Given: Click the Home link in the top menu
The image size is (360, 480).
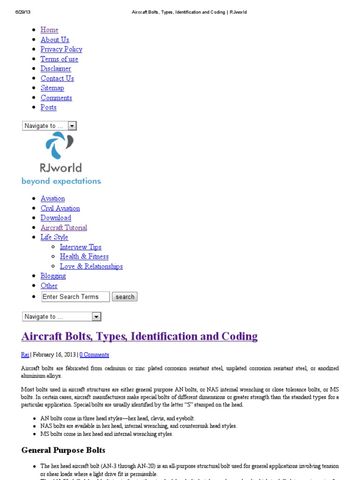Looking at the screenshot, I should (x=49, y=30).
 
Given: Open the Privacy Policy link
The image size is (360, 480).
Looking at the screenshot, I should (x=61, y=49).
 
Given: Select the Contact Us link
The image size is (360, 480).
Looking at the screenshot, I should (x=57, y=78).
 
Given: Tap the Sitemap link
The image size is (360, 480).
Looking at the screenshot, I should (x=52, y=88).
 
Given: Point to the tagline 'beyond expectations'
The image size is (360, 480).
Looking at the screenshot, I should (x=61, y=181).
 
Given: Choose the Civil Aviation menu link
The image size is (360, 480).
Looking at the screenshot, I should (x=60, y=208).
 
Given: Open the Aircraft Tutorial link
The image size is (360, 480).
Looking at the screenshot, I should (x=64, y=228).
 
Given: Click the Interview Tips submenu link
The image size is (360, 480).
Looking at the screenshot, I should (x=81, y=247).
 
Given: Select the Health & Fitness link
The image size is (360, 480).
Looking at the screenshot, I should (x=84, y=256).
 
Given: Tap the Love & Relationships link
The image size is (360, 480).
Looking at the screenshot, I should (x=91, y=266).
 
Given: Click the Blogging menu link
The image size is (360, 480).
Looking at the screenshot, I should (x=53, y=276).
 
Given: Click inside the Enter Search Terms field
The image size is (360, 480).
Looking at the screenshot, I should (x=75, y=297).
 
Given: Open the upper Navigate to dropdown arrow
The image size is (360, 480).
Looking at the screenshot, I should (x=72, y=126).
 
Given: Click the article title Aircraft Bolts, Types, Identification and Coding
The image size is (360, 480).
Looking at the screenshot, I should (x=139, y=336).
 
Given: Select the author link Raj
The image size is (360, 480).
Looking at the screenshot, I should (x=25, y=355).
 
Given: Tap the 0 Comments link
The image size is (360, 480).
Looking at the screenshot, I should (x=94, y=355).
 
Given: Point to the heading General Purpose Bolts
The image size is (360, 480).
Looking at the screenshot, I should (x=63, y=450).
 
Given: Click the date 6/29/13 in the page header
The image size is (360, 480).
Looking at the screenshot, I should (x=22, y=12).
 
